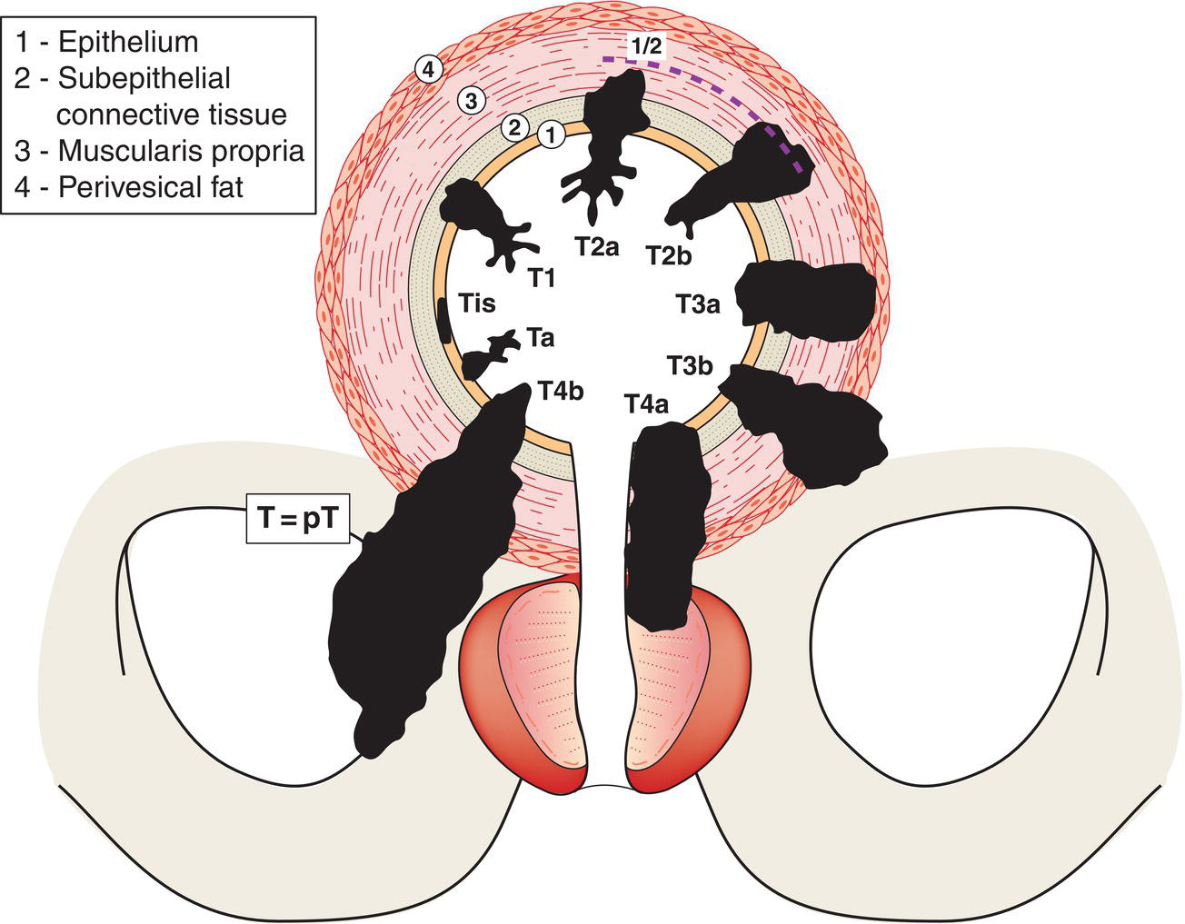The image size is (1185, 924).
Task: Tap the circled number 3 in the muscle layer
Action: pos(470,101)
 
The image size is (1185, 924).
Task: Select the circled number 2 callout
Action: pos(514,127)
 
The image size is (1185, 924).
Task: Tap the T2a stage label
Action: pos(595,245)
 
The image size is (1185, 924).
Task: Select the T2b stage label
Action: pos(669,254)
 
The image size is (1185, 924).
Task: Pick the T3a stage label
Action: pos(698,303)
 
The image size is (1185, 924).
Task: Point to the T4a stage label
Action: pos(647,404)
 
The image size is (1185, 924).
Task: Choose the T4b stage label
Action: pos(560,391)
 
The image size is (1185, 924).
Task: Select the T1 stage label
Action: pos(542,276)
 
